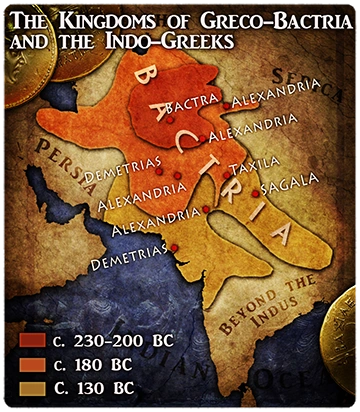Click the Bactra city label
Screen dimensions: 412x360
193,105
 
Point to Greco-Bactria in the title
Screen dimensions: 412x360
236,21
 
